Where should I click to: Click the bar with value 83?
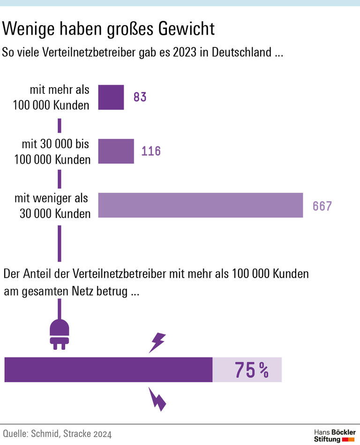tap(111, 97)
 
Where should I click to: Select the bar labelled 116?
tap(116, 151)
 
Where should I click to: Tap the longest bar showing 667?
tap(200, 205)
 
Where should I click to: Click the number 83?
tap(140, 97)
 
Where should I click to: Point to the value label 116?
tap(151, 151)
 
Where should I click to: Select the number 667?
tap(322, 206)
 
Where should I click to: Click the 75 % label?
tap(251, 370)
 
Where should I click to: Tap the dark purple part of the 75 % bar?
tap(108, 370)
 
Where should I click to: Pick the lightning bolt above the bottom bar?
tap(157, 342)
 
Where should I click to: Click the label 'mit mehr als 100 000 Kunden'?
tap(52, 98)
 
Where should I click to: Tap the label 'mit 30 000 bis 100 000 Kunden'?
tap(52, 151)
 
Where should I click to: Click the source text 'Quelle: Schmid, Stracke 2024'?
tap(57, 434)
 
